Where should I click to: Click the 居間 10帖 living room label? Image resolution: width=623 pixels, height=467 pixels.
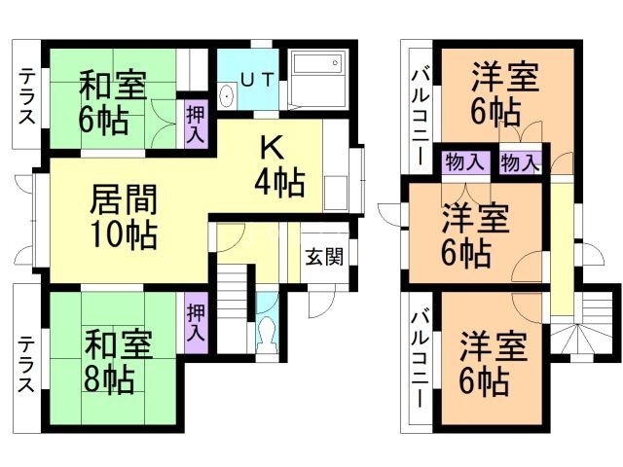[125, 216]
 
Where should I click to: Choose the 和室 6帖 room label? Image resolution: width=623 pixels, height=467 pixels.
[112, 100]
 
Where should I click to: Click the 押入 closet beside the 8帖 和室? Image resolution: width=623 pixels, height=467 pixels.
[195, 322]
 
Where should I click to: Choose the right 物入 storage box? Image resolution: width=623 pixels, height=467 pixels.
[518, 162]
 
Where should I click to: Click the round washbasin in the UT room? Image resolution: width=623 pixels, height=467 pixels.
[226, 95]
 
